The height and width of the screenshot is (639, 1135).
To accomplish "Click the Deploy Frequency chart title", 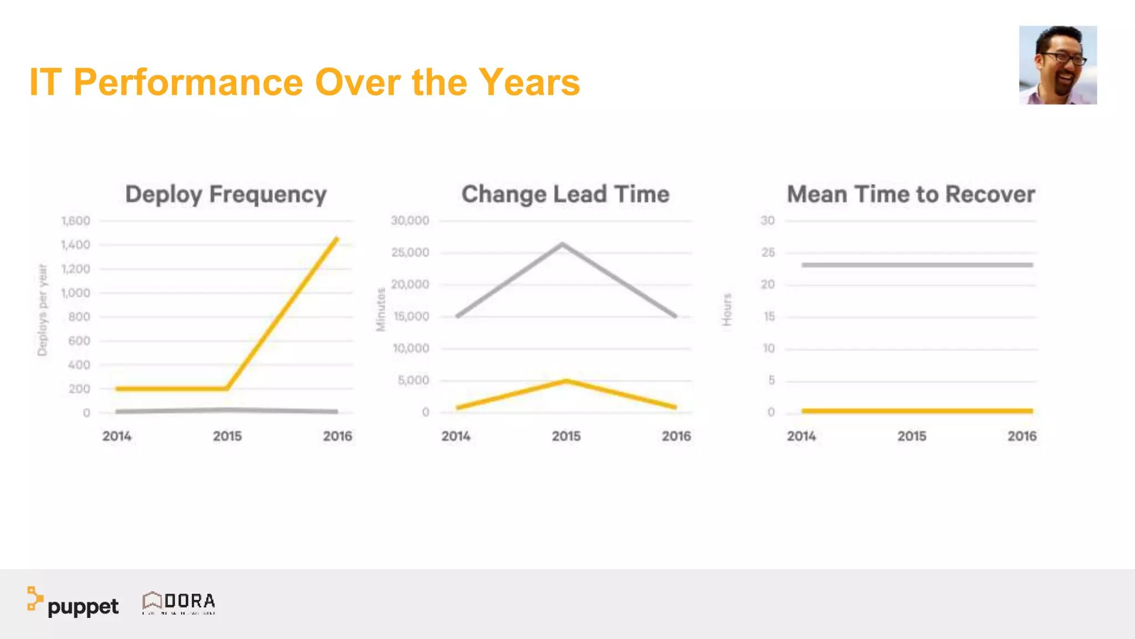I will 226,194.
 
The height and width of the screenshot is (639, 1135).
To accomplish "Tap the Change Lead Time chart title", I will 565,194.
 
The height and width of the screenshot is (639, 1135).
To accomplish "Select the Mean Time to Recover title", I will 911,194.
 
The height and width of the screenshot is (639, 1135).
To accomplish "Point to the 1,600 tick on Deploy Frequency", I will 75,221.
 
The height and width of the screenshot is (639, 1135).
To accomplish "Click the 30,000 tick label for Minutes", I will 410,221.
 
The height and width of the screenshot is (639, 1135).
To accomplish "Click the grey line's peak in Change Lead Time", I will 562,244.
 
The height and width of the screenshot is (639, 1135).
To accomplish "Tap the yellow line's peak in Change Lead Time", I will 566,381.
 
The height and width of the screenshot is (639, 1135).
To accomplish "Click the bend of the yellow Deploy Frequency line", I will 227,388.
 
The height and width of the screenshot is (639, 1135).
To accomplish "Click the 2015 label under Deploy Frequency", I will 227,436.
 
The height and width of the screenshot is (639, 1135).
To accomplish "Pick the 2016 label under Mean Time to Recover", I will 1021,436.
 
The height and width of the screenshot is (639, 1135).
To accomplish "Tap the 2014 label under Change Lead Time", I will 456,436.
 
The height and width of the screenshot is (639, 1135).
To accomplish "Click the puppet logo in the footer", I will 73,603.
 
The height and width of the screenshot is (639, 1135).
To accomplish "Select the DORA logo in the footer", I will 179,602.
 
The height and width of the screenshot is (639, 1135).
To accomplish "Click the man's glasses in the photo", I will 1063,58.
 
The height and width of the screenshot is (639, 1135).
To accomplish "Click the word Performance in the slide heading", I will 188,82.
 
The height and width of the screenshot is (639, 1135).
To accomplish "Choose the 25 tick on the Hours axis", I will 768,252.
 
